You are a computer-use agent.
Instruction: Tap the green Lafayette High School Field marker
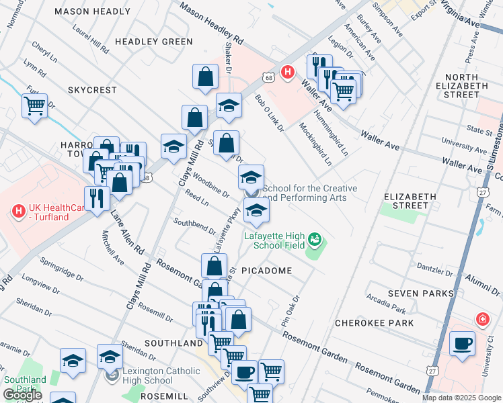313,238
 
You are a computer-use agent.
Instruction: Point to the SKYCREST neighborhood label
92,89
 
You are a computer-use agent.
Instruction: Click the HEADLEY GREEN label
154,42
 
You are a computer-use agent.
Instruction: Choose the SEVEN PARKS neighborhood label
419,294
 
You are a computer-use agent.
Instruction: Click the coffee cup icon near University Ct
462,344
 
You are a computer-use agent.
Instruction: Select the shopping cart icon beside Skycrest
34,105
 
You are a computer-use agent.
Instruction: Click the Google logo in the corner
22,395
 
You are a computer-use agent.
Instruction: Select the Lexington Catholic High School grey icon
112,373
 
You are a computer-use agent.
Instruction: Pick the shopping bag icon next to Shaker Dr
206,77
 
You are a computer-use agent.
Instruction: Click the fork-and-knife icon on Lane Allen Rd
97,199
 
